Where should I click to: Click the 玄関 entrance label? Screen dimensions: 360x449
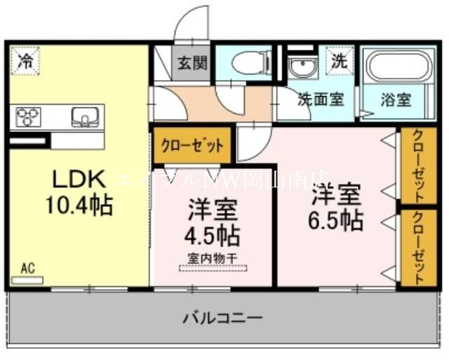click(192, 63)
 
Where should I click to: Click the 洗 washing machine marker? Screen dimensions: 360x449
click(340, 61)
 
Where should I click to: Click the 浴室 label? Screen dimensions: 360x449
click(396, 100)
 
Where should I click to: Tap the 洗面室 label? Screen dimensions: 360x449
click(320, 100)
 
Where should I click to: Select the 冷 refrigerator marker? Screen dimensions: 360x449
click(25, 60)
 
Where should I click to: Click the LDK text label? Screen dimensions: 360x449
click(77, 179)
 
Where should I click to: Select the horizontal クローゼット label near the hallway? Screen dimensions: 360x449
click(192, 145)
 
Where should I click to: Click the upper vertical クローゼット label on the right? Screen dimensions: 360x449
click(417, 164)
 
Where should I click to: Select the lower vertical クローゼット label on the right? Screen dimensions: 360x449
click(417, 246)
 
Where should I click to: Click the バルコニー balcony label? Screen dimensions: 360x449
click(223, 318)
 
